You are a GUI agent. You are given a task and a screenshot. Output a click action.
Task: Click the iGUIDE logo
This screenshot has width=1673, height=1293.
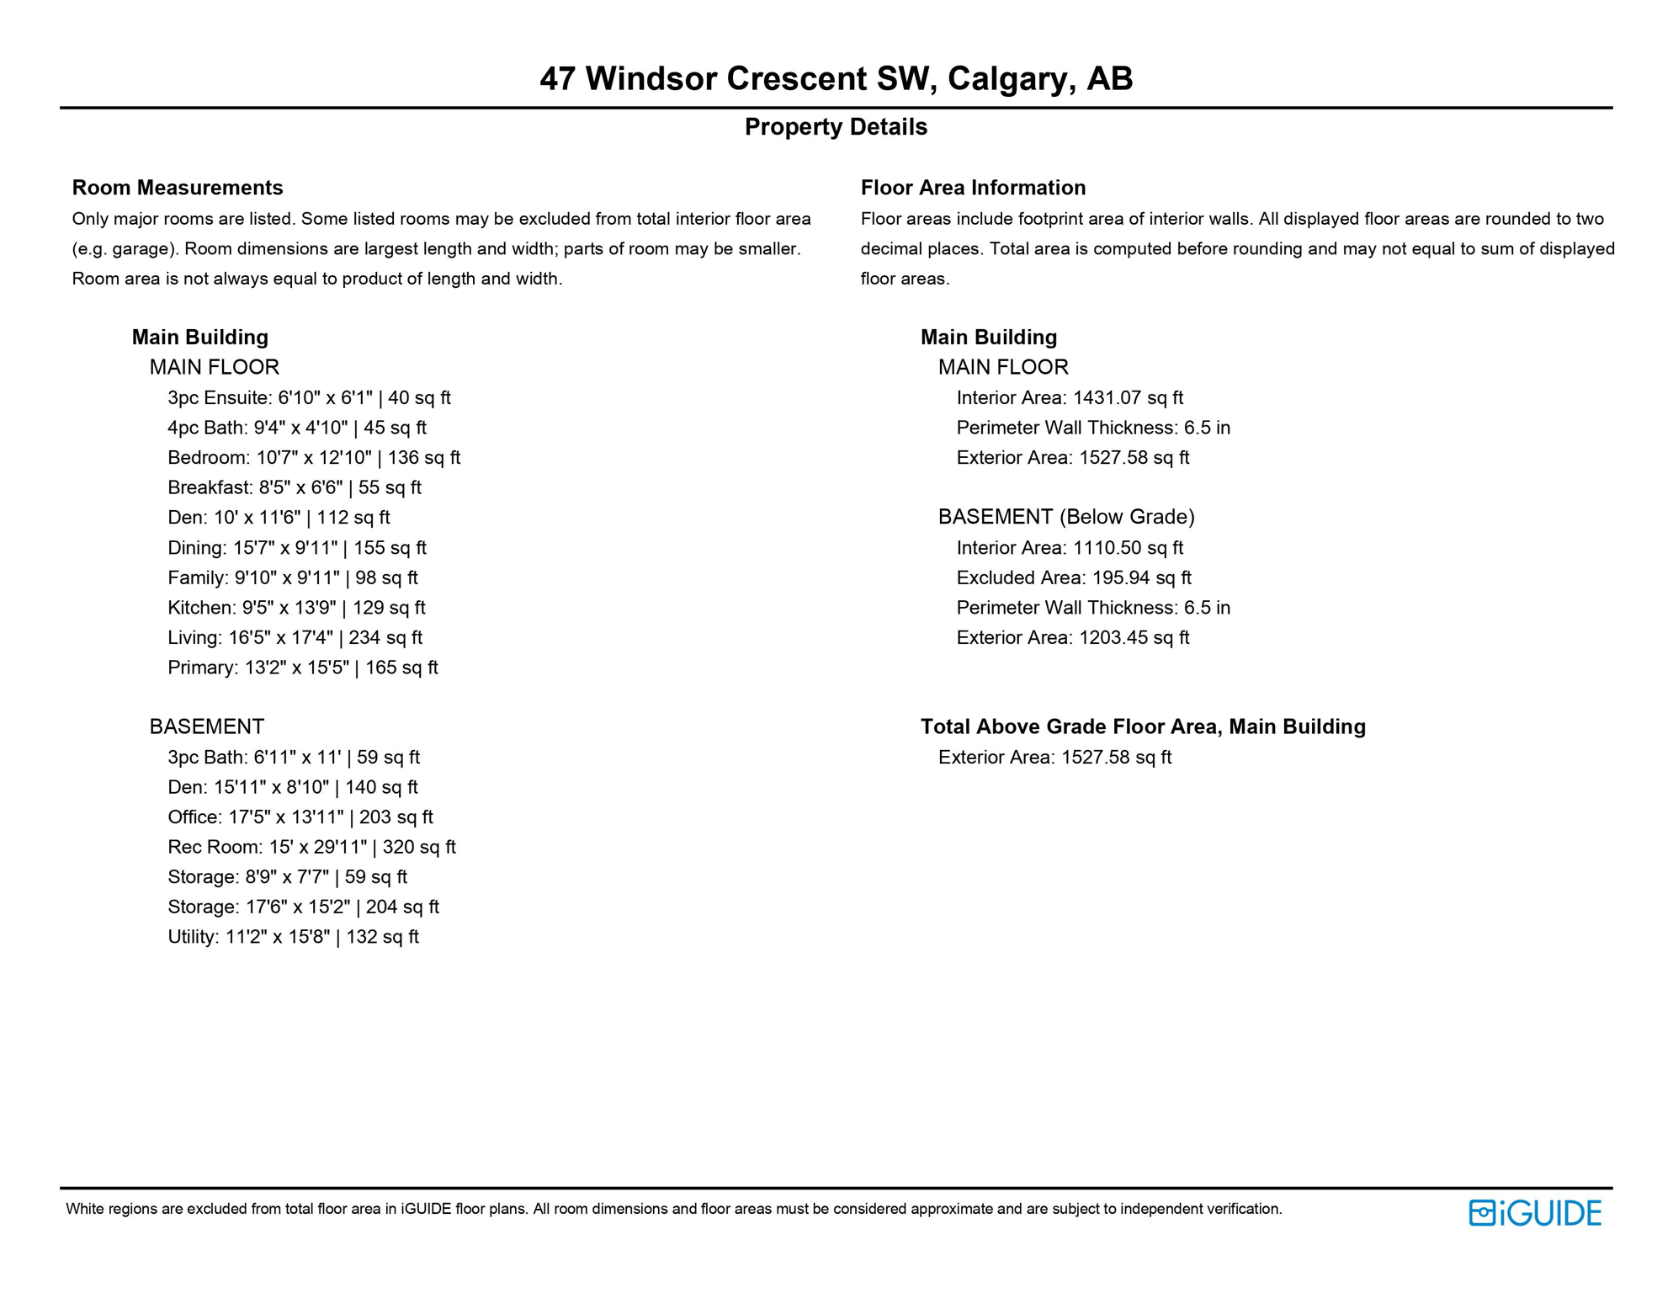(1534, 1213)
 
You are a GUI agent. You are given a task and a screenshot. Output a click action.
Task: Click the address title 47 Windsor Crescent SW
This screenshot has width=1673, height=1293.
(836, 78)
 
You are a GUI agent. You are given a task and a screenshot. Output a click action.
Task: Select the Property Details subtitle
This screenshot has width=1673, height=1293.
(836, 127)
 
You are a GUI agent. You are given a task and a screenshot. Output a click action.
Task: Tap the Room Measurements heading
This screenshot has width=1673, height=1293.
(178, 188)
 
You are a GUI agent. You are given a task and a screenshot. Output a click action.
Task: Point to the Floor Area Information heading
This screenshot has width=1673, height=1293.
(973, 188)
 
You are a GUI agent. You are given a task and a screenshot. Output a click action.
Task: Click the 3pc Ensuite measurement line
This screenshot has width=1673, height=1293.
(309, 397)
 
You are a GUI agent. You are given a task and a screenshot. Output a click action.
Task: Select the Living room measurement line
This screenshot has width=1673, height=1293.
(295, 637)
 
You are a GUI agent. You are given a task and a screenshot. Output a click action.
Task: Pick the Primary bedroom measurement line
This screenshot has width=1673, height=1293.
(302, 668)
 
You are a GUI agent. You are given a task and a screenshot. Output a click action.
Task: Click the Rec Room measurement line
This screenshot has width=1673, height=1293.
(311, 847)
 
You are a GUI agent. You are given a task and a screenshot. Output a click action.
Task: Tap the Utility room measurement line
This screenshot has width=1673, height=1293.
(293, 937)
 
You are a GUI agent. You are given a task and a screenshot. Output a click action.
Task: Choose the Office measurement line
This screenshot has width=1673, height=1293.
(300, 817)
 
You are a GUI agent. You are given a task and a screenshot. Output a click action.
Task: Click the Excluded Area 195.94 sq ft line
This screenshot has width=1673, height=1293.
(1073, 577)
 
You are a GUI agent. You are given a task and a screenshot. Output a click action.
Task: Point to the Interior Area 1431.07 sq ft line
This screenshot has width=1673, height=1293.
(1069, 397)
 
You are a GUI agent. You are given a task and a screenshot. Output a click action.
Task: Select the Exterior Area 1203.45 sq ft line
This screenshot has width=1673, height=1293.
(1072, 637)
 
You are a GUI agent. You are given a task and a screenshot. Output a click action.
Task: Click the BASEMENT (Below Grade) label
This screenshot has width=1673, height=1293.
(1066, 517)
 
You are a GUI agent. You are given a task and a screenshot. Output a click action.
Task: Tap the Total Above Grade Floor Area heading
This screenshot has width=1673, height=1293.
(1142, 726)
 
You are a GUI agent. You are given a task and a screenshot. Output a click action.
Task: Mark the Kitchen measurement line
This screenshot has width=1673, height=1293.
(296, 608)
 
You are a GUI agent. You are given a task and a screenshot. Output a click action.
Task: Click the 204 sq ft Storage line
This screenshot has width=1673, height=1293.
(303, 907)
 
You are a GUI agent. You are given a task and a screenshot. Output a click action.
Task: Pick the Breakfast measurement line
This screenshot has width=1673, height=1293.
(294, 487)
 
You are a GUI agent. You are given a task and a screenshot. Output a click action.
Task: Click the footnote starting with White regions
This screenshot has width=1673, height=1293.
(673, 1209)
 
